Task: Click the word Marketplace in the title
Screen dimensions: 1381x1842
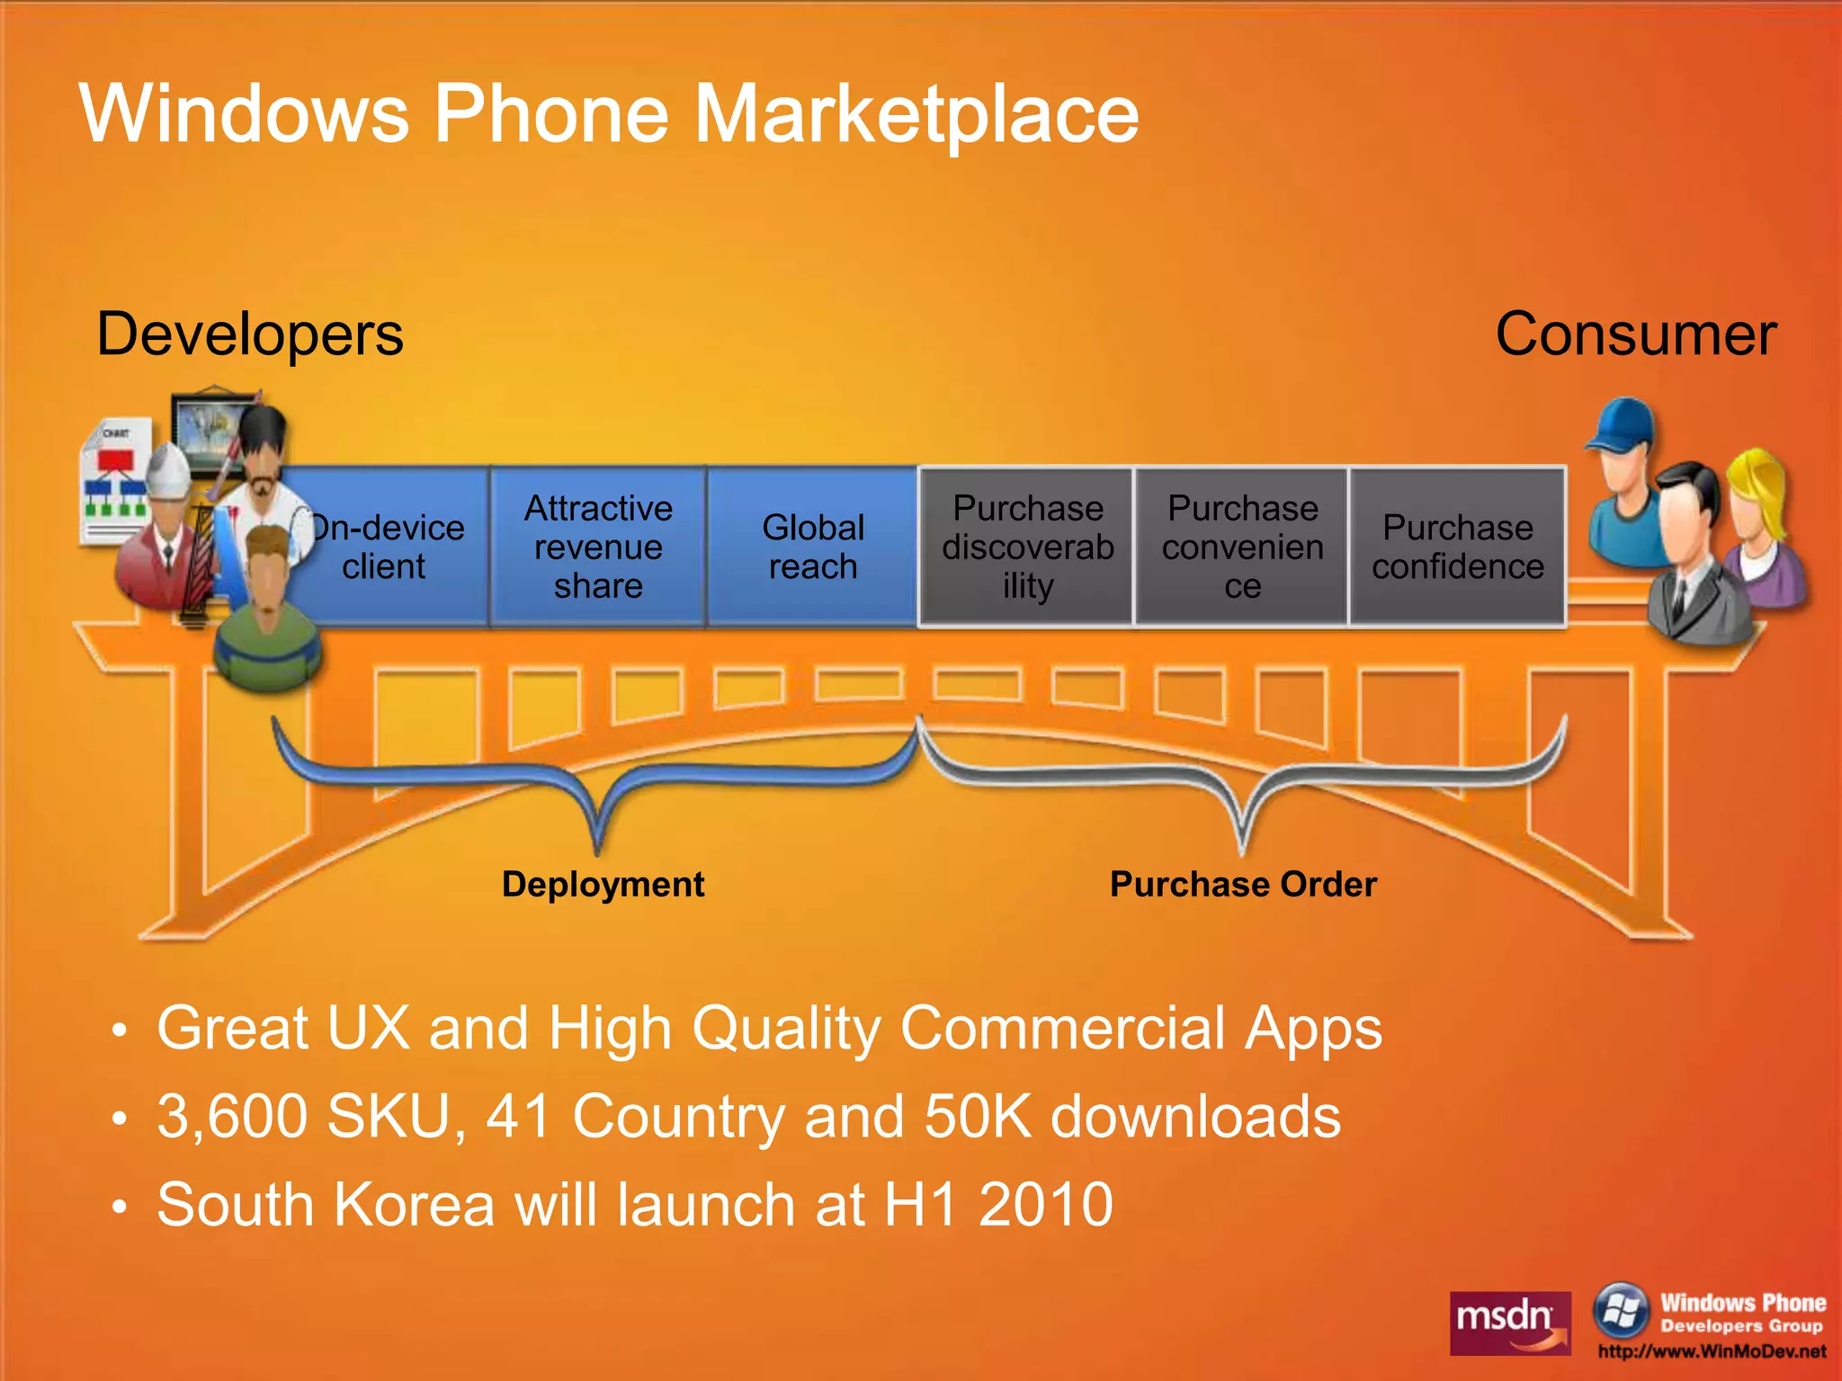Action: point(917,114)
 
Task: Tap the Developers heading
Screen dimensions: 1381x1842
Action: point(250,334)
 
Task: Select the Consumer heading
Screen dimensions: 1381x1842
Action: point(1635,334)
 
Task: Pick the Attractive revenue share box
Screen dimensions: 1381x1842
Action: point(598,547)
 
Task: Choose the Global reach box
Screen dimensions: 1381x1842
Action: point(813,547)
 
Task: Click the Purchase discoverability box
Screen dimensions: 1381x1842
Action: point(1027,547)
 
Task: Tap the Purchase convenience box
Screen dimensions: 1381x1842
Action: point(1242,547)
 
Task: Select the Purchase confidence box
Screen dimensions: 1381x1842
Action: point(1457,547)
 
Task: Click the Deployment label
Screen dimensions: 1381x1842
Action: point(603,885)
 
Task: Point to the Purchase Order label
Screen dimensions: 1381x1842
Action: point(1243,885)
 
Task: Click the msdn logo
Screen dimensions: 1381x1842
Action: point(1510,1323)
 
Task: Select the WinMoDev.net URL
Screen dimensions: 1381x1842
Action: point(1712,1351)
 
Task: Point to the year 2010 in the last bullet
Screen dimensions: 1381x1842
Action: point(1045,1206)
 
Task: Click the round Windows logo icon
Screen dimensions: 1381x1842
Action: point(1620,1311)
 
